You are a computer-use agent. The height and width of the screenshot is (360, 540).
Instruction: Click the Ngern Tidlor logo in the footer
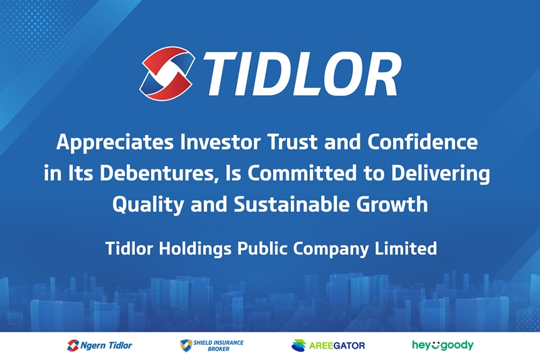(100, 346)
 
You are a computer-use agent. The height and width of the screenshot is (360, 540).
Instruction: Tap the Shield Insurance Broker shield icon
(185, 346)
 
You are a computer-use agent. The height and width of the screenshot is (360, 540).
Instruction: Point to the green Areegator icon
(298, 346)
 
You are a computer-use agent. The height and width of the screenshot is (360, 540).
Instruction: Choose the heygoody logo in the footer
(443, 345)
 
